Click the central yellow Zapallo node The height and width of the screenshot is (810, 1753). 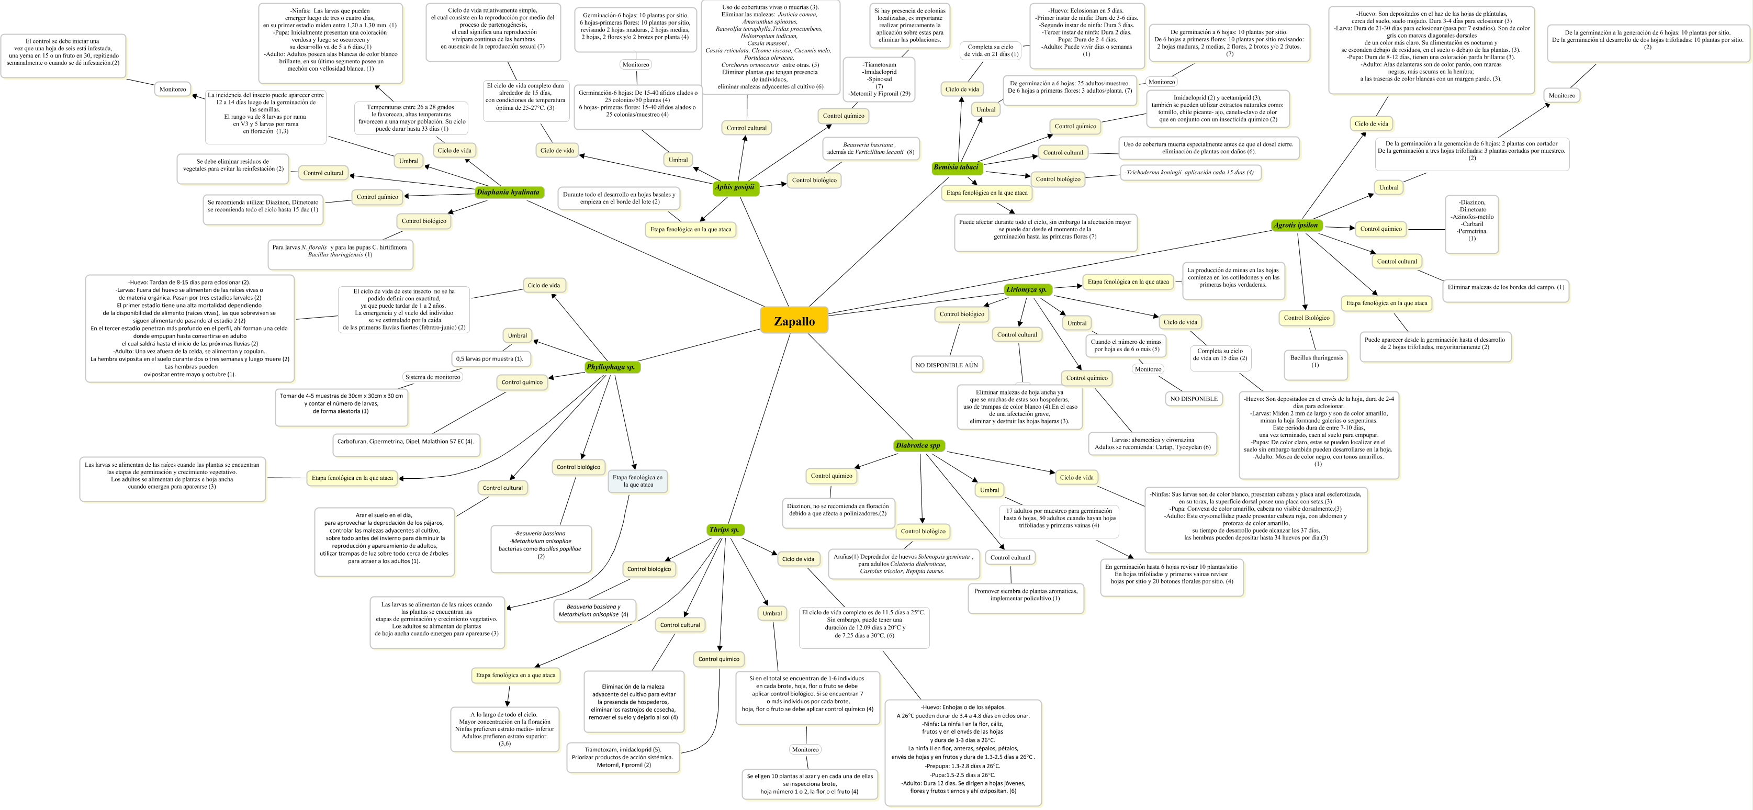tap(793, 321)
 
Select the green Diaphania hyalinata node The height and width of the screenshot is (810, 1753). tap(508, 193)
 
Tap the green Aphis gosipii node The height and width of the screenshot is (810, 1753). tap(735, 187)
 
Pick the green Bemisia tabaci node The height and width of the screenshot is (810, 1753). tap(956, 167)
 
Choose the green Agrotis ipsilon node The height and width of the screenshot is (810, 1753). tap(1296, 226)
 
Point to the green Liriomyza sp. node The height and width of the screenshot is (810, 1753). tap(1026, 290)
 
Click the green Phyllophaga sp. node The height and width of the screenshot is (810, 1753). tap(611, 367)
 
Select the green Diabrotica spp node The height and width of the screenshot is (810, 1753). tap(918, 446)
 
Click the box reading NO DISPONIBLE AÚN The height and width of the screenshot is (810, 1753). tap(947, 366)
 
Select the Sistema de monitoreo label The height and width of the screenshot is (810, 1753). tap(433, 377)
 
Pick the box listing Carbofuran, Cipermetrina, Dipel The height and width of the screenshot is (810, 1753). tap(405, 442)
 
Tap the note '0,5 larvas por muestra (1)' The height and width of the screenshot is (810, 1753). tap(490, 359)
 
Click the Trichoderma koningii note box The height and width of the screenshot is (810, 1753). tap(1190, 173)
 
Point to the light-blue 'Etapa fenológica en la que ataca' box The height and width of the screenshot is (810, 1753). tap(638, 481)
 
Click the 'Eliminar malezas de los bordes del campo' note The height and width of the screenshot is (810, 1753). tap(1505, 287)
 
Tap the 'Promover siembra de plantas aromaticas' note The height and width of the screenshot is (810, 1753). tap(1026, 595)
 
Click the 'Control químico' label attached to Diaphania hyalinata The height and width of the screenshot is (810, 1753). tap(378, 197)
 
